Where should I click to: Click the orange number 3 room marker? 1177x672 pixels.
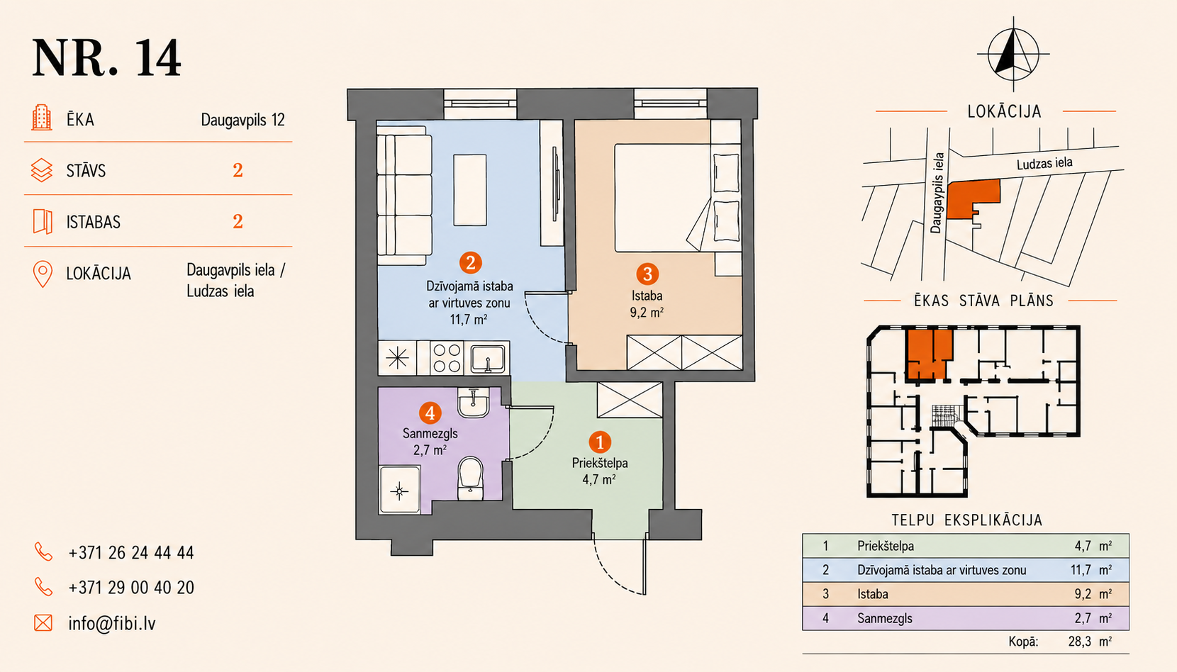click(647, 274)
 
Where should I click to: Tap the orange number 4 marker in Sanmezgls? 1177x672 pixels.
click(430, 413)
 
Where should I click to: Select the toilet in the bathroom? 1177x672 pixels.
click(470, 478)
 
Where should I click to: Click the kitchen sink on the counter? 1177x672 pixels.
click(488, 359)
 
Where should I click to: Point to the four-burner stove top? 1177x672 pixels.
click(447, 358)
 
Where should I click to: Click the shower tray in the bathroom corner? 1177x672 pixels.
click(399, 491)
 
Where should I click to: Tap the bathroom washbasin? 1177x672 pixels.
click(474, 403)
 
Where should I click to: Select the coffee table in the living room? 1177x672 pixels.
click(470, 190)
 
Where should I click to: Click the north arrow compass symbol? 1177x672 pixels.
click(1013, 54)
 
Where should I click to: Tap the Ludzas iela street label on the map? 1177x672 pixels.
click(1044, 164)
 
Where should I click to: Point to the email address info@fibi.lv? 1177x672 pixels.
click(112, 623)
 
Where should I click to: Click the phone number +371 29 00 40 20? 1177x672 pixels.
click(131, 587)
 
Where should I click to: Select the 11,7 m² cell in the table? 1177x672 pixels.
click(1090, 569)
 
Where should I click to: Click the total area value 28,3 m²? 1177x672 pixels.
click(1090, 641)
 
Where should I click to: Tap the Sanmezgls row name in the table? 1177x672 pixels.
click(884, 618)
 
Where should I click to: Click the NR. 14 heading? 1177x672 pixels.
click(106, 58)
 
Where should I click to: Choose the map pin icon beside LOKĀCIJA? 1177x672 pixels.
click(43, 274)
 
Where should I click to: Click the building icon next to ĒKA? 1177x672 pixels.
click(42, 117)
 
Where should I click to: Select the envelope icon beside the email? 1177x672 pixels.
click(43, 622)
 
